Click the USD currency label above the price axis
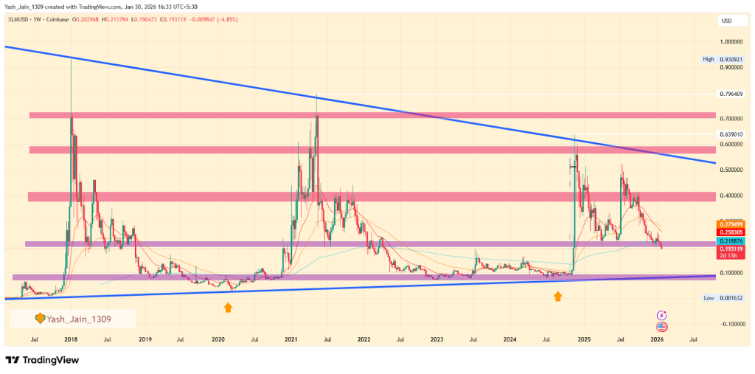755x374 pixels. click(726, 21)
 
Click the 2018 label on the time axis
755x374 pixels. click(72, 340)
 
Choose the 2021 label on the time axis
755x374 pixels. click(291, 340)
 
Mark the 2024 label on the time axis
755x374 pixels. click(510, 340)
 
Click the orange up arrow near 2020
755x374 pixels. click(228, 306)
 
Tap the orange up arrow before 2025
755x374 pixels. click(558, 296)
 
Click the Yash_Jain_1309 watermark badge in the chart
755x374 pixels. click(72, 319)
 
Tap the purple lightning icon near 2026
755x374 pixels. click(661, 314)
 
